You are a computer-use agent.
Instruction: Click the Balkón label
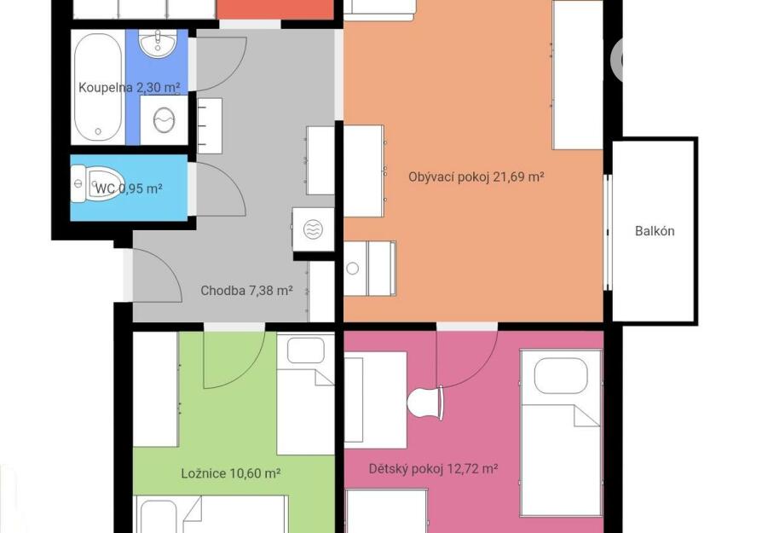click(655, 230)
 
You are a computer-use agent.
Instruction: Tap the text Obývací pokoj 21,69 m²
click(476, 177)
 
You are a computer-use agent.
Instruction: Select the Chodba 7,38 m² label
click(246, 290)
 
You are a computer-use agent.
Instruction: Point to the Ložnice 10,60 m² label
click(230, 473)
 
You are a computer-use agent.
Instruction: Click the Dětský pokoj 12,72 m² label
click(433, 469)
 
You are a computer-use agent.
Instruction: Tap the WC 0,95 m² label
click(129, 188)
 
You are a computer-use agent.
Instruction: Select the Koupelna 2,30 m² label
click(130, 88)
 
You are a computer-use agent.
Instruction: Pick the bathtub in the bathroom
click(98, 86)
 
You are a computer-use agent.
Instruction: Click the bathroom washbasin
click(158, 43)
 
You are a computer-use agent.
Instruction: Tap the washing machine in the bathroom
click(164, 119)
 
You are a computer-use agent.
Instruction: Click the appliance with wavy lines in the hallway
click(314, 229)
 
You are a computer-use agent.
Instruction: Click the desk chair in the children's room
click(425, 403)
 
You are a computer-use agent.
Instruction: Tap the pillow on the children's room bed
click(561, 375)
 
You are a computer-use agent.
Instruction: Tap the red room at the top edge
click(275, 9)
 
